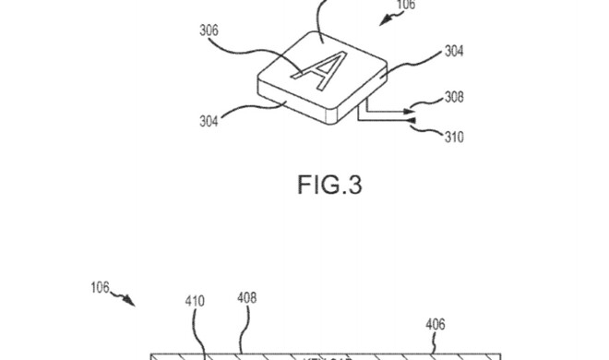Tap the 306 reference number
(x=209, y=30)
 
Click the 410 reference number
(x=195, y=300)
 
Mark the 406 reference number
(x=436, y=324)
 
